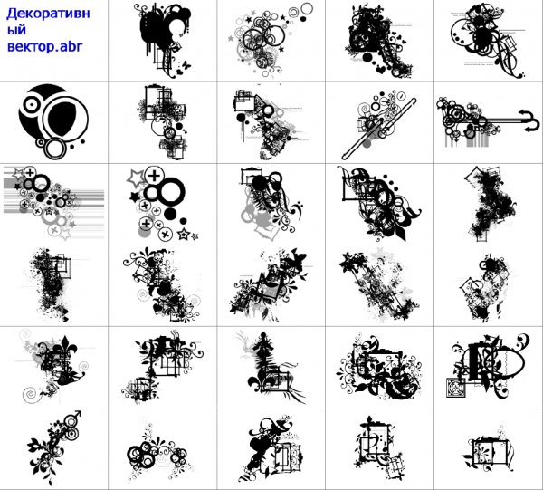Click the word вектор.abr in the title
pyautogui.click(x=45, y=46)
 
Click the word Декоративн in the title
pyautogui.click(x=48, y=14)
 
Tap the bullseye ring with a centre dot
pyautogui.click(x=32, y=104)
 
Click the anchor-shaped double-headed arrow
pyautogui.click(x=529, y=120)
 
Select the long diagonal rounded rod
pyautogui.click(x=378, y=129)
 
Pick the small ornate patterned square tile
pyautogui.click(x=455, y=388)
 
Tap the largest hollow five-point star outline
pyautogui.click(x=136, y=178)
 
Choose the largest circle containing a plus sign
pyautogui.click(x=155, y=176)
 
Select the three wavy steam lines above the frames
pyautogui.click(x=175, y=334)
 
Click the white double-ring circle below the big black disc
pyautogui.click(x=54, y=149)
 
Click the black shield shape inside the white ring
pyautogui.click(x=62, y=119)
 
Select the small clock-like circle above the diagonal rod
pyautogui.click(x=402, y=95)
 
